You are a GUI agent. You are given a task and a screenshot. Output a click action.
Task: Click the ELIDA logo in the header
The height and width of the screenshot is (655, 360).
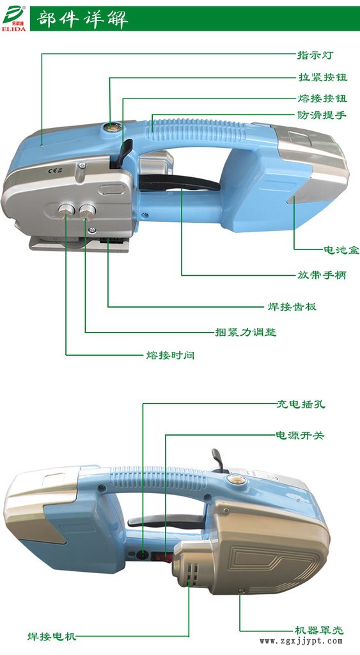coord(15,19)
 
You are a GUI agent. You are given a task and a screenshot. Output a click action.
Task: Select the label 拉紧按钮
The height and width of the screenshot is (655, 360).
coord(322,77)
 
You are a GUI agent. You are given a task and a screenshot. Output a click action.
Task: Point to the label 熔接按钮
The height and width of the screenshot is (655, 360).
coord(322,99)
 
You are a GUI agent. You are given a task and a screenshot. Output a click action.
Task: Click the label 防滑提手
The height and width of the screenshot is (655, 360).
coord(322,114)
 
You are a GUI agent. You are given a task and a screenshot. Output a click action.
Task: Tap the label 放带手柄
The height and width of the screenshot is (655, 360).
coord(322,275)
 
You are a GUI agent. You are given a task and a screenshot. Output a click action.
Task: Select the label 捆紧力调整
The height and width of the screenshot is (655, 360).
coord(246,332)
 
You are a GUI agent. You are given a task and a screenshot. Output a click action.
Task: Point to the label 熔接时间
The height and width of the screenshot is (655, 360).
coord(170,355)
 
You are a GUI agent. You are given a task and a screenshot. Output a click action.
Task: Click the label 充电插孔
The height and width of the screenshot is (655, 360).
coord(301,404)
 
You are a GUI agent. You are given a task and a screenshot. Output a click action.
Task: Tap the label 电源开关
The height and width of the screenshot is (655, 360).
coord(300,435)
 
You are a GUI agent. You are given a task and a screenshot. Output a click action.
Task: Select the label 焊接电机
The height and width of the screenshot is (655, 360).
coord(52,636)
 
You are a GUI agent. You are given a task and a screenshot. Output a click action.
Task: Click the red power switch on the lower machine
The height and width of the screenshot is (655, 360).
coord(162,556)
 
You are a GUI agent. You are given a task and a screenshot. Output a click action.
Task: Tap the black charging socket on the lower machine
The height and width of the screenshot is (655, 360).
coord(143,555)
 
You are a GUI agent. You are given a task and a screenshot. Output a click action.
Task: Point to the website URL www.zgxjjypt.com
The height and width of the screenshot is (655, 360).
coord(301,641)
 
